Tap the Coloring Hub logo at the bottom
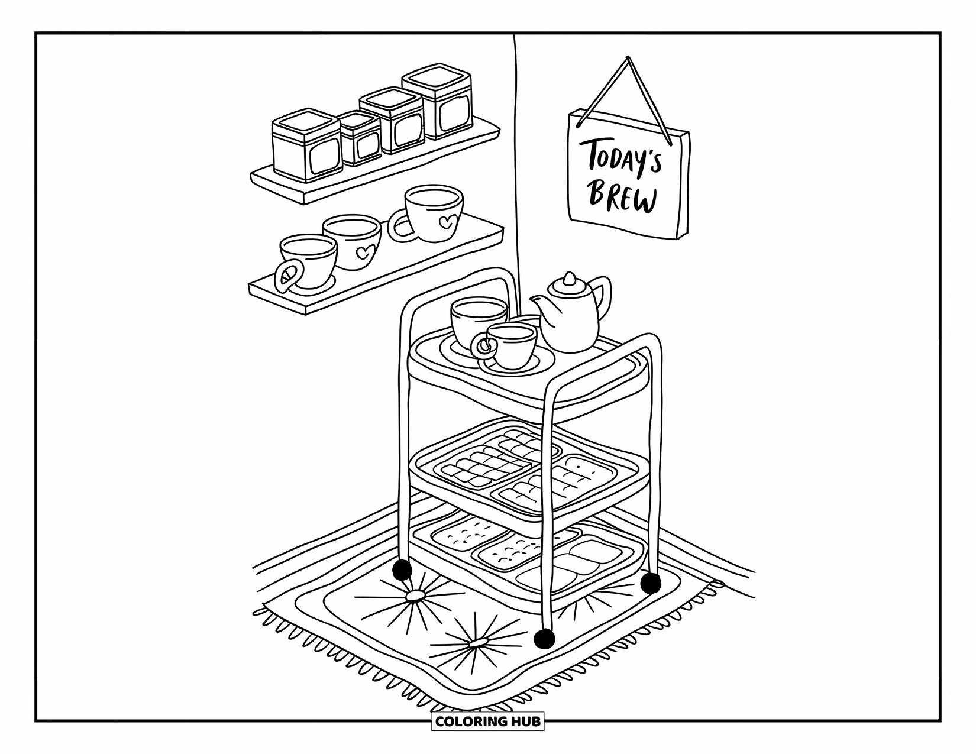pyautogui.click(x=487, y=721)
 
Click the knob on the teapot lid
pyautogui.click(x=569, y=277)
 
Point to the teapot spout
pyautogui.click(x=538, y=305)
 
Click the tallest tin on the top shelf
pyautogui.click(x=438, y=103)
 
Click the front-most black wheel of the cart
pyautogui.click(x=544, y=639)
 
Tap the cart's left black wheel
pyautogui.click(x=402, y=570)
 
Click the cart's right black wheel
pyautogui.click(x=650, y=583)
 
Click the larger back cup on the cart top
pyautogui.click(x=478, y=319)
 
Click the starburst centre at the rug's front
pyautogui.click(x=476, y=643)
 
